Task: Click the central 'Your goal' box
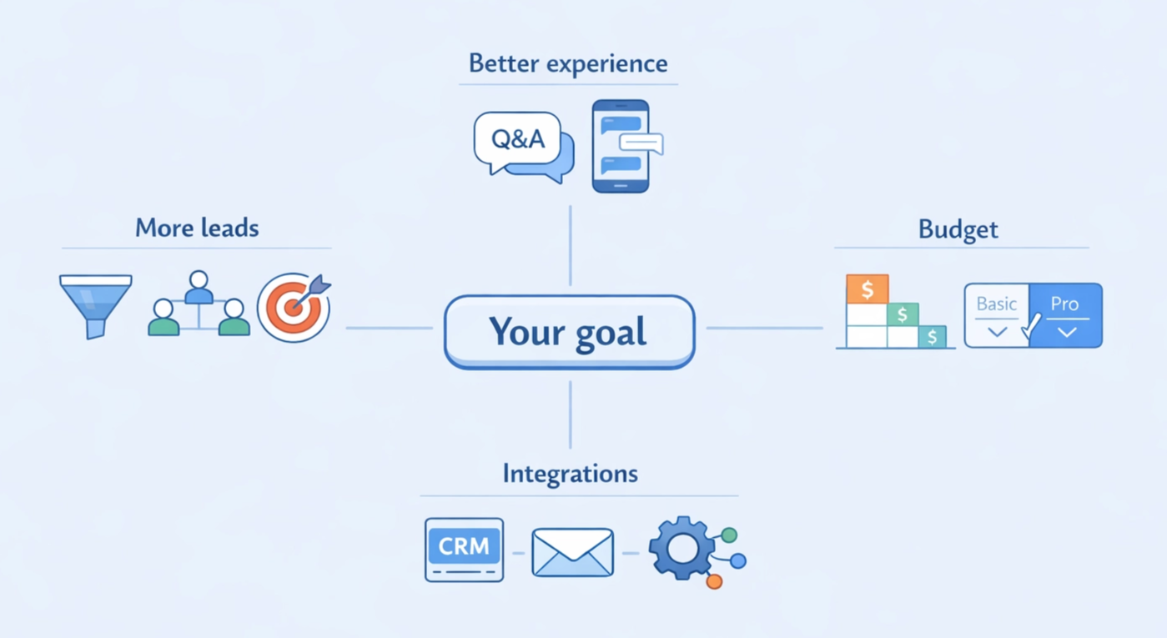569,331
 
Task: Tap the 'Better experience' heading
568,63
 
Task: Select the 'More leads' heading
197,228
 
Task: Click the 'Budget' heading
958,229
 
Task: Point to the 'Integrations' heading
570,474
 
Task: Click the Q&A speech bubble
518,139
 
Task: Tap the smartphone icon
620,147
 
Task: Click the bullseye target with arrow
293,308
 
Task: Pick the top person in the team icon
199,286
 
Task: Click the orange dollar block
868,289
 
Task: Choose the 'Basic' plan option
997,314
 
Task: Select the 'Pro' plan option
1065,314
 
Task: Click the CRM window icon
464,549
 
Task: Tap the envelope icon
572,552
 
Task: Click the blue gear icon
682,548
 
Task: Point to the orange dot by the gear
714,581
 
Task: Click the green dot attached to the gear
729,535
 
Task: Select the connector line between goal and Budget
764,328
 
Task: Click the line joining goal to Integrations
571,414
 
